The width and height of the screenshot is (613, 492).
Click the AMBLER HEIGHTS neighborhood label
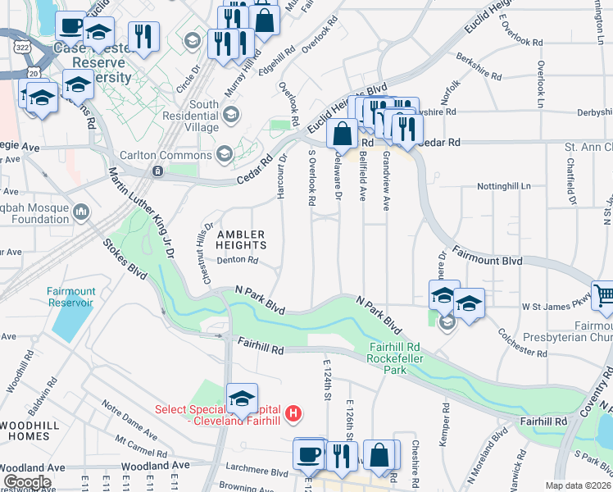tap(241, 239)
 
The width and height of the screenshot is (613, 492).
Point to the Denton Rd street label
tap(238, 261)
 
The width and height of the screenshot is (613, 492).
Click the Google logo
tap(26, 482)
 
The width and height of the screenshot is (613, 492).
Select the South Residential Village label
tap(193, 116)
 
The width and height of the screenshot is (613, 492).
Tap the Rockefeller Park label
tap(394, 370)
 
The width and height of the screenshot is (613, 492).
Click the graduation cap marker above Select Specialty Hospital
tap(242, 399)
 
